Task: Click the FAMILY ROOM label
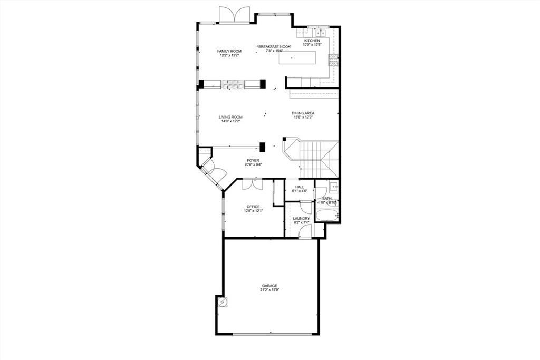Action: [x=229, y=51]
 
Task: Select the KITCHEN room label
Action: [x=311, y=41]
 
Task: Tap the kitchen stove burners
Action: [x=333, y=61]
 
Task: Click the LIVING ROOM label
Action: [x=230, y=117]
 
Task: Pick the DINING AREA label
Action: [x=303, y=113]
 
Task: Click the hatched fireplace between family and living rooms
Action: [x=233, y=84]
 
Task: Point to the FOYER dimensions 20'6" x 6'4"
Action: [x=253, y=164]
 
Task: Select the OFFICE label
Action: [x=253, y=207]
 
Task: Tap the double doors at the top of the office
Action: [x=253, y=184]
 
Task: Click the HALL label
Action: [x=300, y=187]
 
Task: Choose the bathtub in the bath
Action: [x=327, y=215]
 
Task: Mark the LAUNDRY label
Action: [x=302, y=219]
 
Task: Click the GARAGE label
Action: [x=269, y=286]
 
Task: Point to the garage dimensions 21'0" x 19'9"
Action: [x=269, y=290]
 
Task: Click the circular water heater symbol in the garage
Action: [x=222, y=302]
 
